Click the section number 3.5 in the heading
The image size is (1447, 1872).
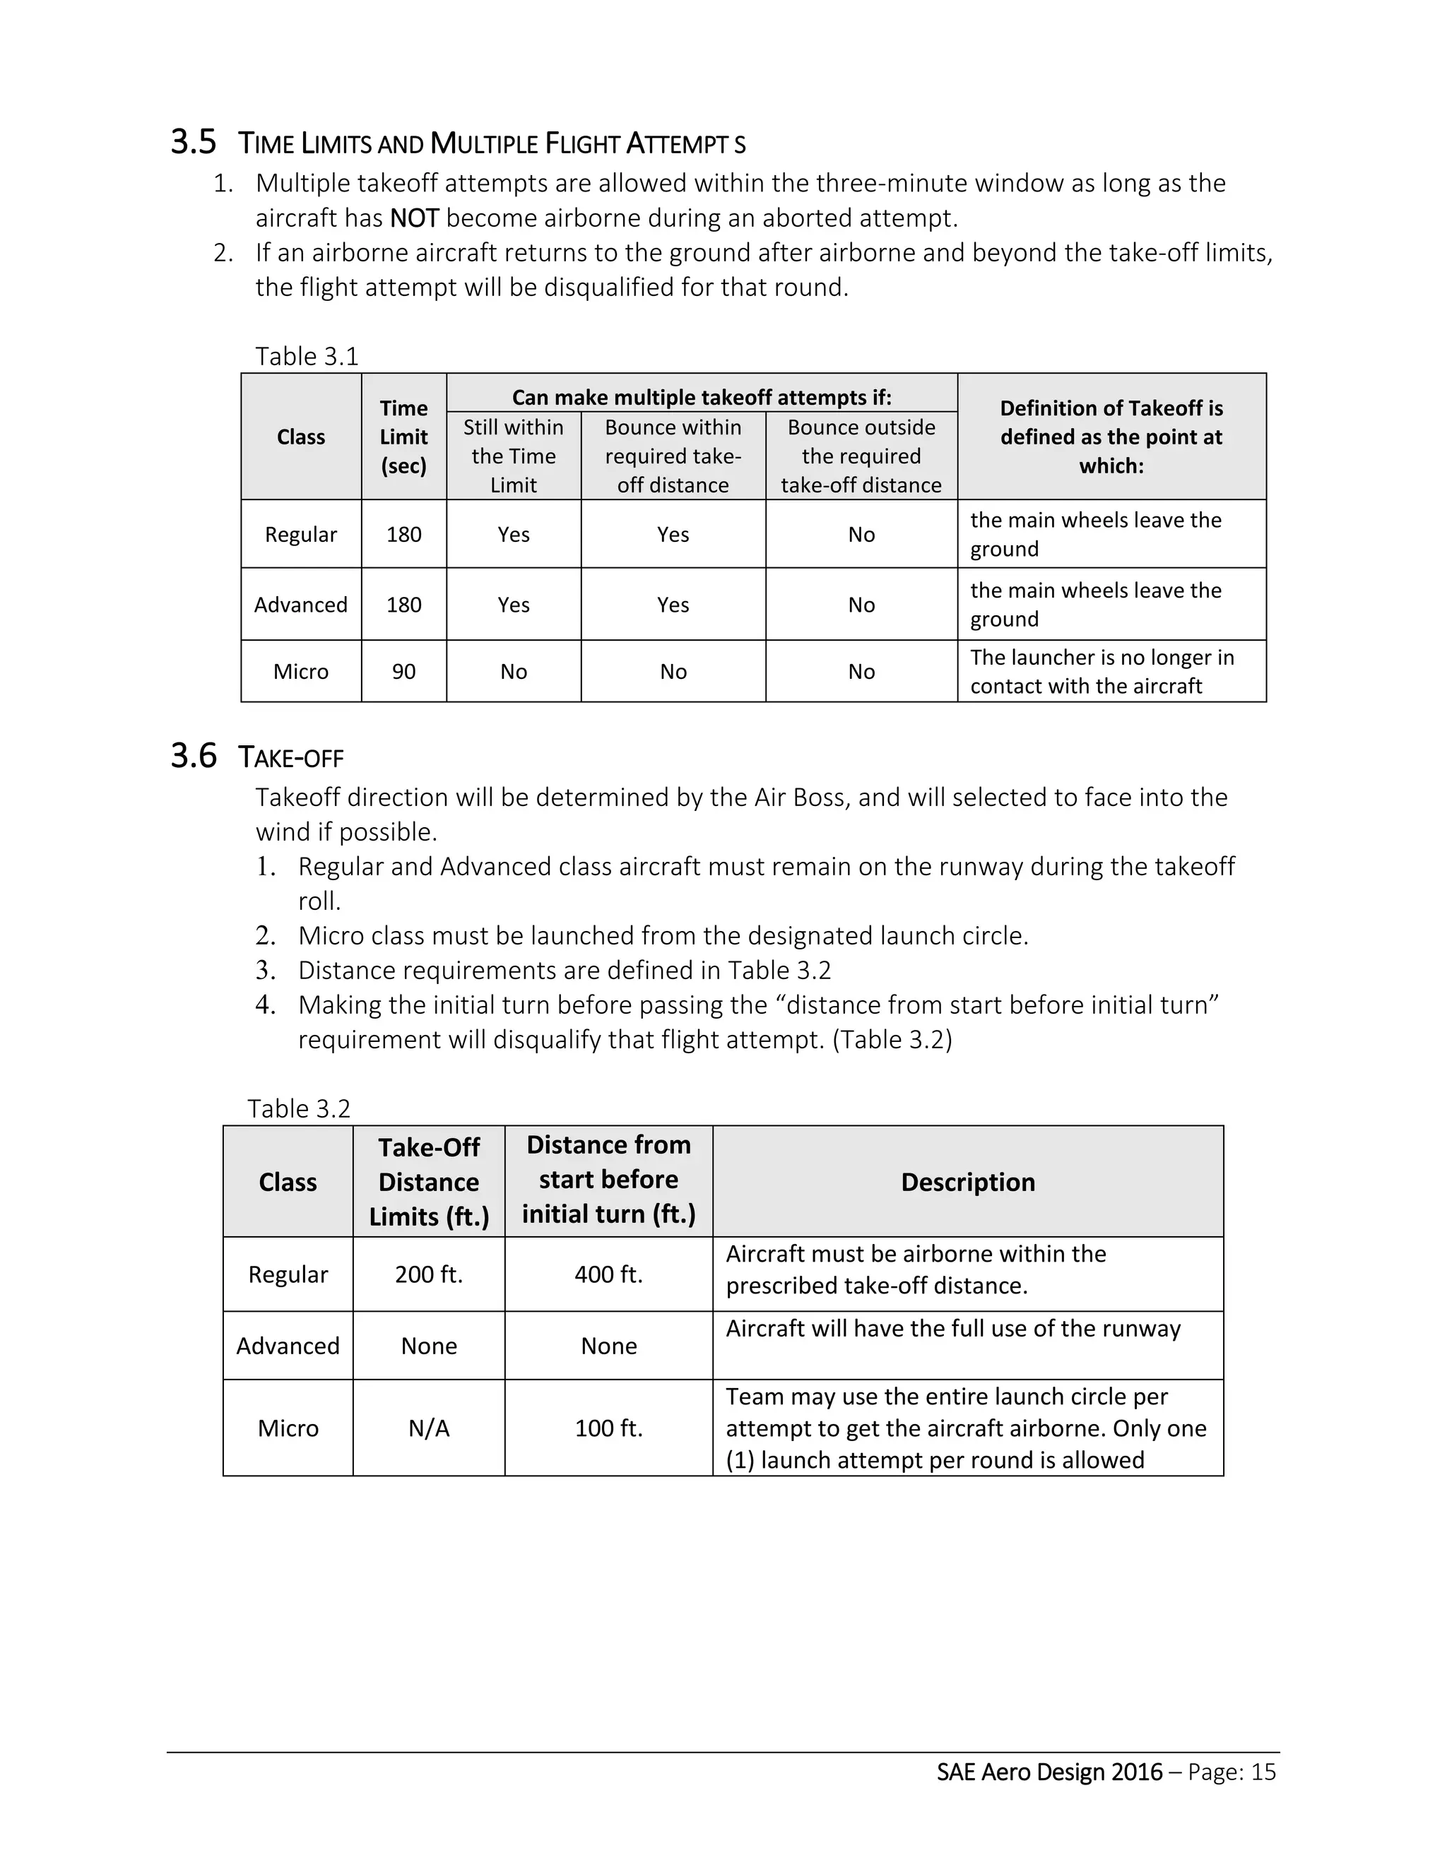[194, 142]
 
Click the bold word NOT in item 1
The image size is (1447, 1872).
[414, 218]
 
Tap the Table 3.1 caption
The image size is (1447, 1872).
[307, 356]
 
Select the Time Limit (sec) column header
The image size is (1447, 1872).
[403, 437]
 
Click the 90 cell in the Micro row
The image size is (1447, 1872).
[403, 671]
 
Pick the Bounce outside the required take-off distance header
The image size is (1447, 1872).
[861, 456]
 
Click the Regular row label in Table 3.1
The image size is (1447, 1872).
[301, 534]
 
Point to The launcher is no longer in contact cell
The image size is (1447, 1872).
[1102, 671]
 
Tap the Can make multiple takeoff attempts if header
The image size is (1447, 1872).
[701, 397]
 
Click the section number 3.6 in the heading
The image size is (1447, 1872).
[194, 756]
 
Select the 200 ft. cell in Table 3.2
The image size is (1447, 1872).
[429, 1274]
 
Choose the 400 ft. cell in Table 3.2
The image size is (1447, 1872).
[608, 1274]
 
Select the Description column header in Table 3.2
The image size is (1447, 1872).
[968, 1182]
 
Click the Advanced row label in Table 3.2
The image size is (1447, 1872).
[288, 1346]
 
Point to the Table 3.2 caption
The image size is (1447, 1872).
[299, 1108]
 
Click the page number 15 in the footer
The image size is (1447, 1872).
[1263, 1772]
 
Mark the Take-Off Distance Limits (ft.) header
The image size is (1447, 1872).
[429, 1182]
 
